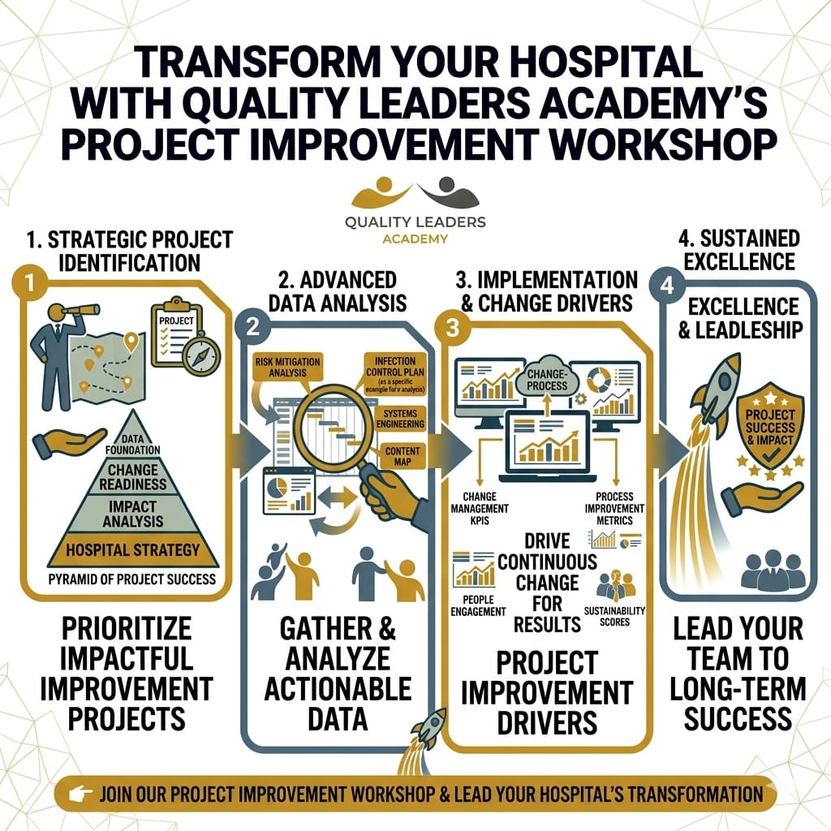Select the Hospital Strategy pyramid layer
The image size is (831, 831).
[x=133, y=549]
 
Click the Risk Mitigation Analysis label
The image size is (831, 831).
[x=287, y=367]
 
